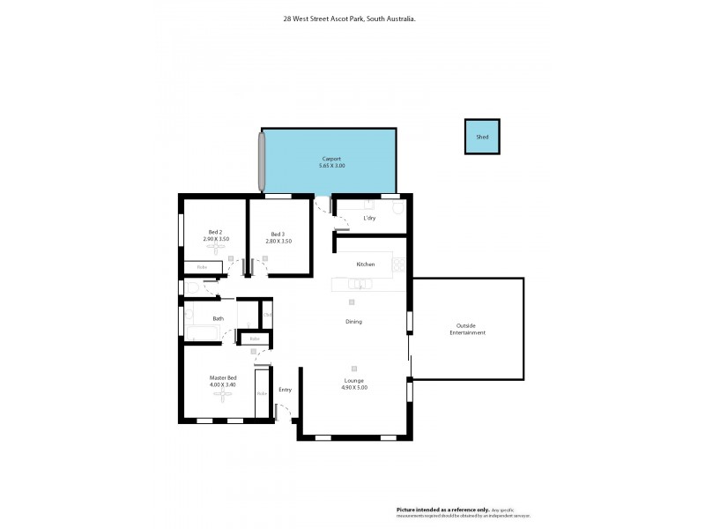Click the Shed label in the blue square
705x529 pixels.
482,138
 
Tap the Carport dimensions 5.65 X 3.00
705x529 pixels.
331,165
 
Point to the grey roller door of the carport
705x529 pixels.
262,160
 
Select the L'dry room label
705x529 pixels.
369,217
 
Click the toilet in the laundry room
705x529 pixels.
397,209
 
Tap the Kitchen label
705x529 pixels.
366,264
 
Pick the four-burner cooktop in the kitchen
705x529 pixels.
398,264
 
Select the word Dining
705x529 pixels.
353,322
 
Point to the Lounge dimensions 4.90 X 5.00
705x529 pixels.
353,387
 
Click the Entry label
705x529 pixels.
285,390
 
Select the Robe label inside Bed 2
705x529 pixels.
202,266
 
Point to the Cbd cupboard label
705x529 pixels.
267,315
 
